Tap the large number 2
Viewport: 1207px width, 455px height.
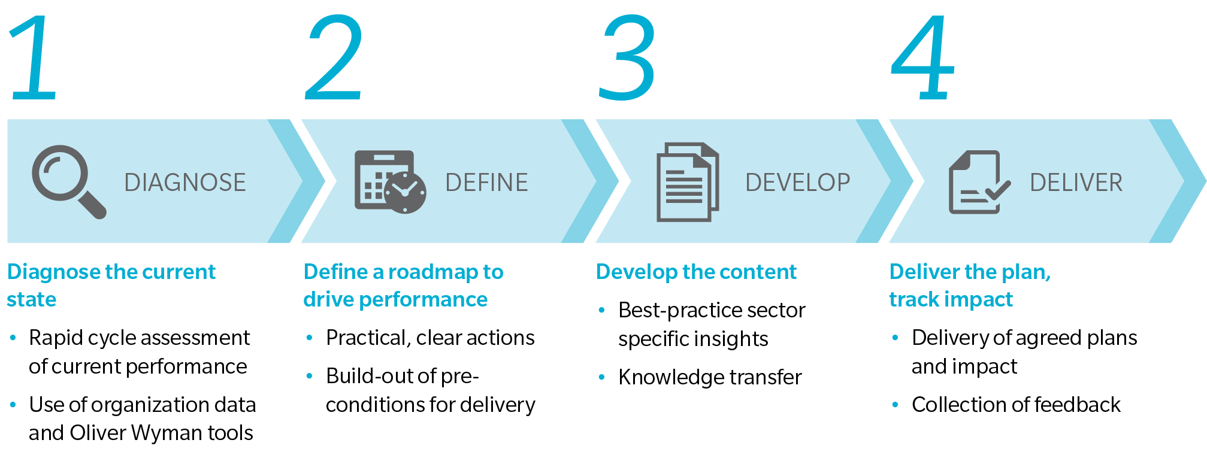(334, 57)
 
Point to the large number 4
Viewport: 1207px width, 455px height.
(922, 57)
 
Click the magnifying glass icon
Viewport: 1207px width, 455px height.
(67, 181)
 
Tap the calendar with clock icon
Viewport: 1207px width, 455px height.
(390, 181)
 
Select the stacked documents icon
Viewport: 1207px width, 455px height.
(688, 181)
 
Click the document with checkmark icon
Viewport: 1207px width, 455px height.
(978, 181)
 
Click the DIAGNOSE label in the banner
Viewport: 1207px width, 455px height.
(185, 183)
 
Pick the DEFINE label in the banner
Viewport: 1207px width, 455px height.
(486, 183)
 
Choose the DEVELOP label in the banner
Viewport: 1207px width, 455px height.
(797, 183)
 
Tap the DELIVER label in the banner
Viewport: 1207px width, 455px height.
(1076, 183)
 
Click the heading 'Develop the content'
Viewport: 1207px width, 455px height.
(696, 272)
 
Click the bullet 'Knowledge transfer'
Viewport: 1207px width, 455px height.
(710, 377)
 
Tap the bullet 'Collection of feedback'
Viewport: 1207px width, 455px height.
(1016, 405)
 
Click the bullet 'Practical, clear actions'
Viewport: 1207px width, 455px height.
(430, 338)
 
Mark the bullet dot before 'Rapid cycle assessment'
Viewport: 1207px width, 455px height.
(13, 338)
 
